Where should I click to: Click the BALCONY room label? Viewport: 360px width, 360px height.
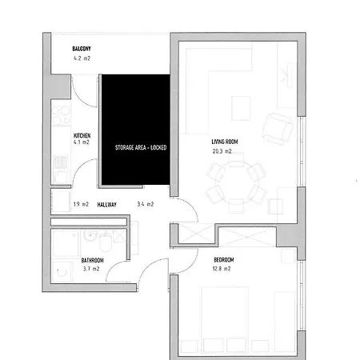pyautogui.click(x=81, y=50)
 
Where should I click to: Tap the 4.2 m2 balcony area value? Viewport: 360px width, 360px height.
pyautogui.click(x=82, y=58)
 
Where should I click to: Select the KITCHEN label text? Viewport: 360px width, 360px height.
pyautogui.click(x=82, y=136)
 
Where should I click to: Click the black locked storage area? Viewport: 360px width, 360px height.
pyautogui.click(x=134, y=128)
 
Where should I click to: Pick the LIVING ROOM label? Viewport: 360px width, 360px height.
pyautogui.click(x=215, y=142)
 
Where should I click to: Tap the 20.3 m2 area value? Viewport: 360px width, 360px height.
pyautogui.click(x=222, y=151)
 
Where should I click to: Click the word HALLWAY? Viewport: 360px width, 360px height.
pyautogui.click(x=107, y=205)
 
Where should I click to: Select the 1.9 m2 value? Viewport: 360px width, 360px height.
pyautogui.click(x=80, y=205)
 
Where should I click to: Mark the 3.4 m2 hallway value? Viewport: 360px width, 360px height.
pyautogui.click(x=146, y=205)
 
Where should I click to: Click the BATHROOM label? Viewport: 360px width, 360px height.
pyautogui.click(x=93, y=261)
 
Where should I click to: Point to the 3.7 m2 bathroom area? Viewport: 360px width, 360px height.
pyautogui.click(x=90, y=270)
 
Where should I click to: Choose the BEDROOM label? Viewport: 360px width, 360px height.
pyautogui.click(x=224, y=261)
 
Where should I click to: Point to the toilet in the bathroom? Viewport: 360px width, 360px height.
pyautogui.click(x=90, y=236)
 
